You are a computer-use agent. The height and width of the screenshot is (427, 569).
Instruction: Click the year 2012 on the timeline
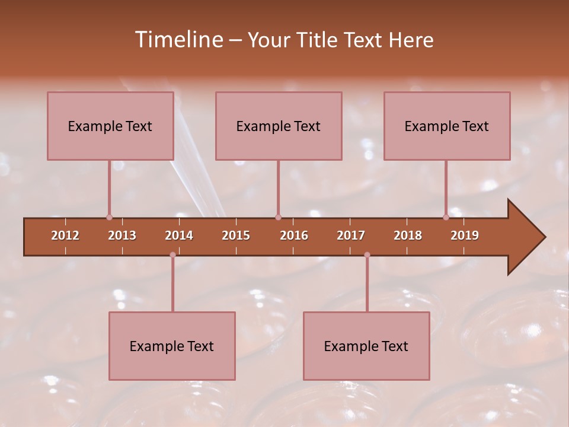pos(65,235)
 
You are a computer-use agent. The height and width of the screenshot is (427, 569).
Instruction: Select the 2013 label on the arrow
pos(122,235)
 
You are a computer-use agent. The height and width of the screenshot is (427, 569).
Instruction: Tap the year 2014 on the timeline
pos(179,235)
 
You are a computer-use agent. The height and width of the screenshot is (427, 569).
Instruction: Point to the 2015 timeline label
pos(236,235)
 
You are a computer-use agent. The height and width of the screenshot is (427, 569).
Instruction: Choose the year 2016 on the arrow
pos(294,235)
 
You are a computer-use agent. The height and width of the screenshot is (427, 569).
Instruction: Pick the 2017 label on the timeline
pos(351,235)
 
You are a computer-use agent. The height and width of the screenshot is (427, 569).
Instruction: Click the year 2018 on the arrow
pos(408,235)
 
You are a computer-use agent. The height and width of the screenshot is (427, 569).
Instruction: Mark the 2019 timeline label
pos(465,235)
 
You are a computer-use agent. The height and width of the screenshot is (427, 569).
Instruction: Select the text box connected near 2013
pos(110,126)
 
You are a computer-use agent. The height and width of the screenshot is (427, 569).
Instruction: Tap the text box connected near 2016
pos(279,126)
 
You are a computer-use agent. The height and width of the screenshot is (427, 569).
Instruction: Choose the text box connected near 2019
pos(447,126)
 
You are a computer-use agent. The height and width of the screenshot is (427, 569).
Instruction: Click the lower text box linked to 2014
pos(172,346)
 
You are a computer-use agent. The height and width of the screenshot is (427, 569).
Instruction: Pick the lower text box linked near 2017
pos(366,346)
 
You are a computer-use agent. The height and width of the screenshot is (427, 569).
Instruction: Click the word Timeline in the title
pos(178,40)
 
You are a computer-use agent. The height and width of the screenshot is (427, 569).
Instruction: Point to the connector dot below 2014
pos(172,255)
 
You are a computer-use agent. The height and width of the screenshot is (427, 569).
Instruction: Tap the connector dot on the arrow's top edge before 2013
pos(109,218)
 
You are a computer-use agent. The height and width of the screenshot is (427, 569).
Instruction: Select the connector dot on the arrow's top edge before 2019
pos(446,218)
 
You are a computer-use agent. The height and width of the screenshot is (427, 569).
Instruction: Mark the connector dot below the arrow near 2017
pos(367,255)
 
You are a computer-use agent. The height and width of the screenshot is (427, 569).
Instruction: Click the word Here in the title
pos(411,40)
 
